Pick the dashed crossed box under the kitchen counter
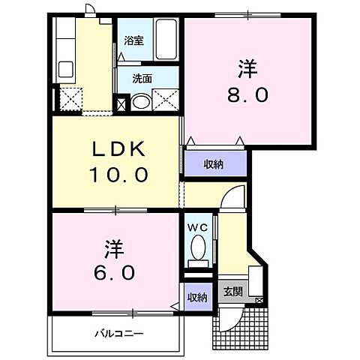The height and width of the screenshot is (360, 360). [71, 99]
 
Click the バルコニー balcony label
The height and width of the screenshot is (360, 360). [118, 332]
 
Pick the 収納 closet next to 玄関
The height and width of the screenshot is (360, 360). [197, 297]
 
